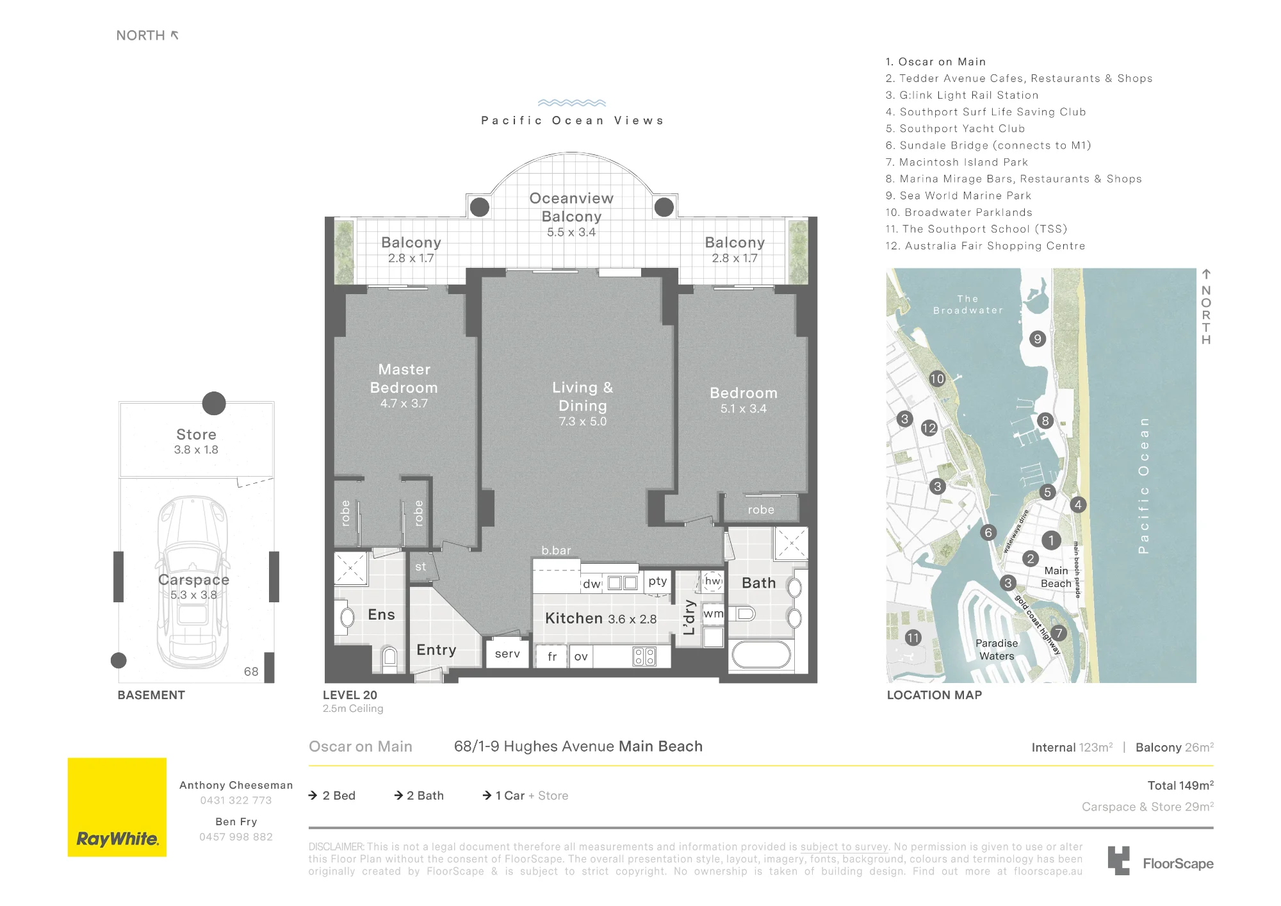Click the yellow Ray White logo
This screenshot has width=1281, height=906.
coord(117,807)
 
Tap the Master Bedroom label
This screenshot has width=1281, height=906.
coord(404,379)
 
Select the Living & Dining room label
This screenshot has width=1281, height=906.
coord(583,397)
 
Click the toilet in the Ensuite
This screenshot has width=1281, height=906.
coord(389,657)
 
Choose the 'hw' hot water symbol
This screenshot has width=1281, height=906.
coord(712,581)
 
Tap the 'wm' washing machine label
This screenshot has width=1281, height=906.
coord(714,614)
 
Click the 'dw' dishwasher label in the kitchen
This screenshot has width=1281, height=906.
coord(592,584)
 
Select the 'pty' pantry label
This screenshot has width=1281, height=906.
coord(658,581)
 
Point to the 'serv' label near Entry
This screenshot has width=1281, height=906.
coord(507,654)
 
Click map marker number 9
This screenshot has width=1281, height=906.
coord(1038,339)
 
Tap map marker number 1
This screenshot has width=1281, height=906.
coord(1051,540)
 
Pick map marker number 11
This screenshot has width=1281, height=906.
coord(913,638)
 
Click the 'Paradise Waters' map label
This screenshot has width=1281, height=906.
coord(997,650)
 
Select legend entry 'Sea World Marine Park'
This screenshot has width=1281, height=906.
coord(958,195)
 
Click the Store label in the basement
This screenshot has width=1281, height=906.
coord(196,434)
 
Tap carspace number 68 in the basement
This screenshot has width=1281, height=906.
coord(251,671)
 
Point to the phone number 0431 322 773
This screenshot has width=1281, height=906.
coord(236,800)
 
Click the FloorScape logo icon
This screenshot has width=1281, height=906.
coord(1119,861)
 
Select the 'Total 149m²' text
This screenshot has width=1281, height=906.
coord(1180,786)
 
